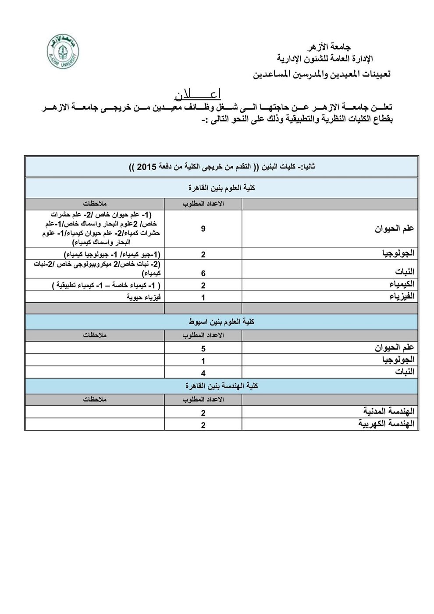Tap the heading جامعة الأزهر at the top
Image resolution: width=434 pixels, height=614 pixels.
[330, 46]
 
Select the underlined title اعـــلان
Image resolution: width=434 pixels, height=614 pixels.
[197, 94]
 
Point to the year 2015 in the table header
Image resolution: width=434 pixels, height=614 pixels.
[145, 167]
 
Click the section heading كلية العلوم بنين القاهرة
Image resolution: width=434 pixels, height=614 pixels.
[221, 187]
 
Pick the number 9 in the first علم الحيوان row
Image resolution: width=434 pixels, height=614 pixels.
[203, 228]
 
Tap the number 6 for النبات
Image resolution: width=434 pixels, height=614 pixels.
[203, 273]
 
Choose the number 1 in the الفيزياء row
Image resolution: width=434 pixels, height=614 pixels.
[203, 297]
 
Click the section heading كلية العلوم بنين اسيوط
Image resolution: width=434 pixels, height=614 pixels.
[221, 321]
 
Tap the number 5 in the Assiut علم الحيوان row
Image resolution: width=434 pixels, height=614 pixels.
[203, 349]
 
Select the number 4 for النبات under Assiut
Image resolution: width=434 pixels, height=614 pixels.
[203, 373]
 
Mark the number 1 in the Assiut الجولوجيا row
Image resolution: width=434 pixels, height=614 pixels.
[203, 361]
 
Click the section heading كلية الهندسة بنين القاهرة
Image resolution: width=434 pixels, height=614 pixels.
[221, 386]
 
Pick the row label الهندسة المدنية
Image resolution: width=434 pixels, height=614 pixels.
[389, 411]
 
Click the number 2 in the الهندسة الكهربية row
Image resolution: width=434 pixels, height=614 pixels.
[203, 425]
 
